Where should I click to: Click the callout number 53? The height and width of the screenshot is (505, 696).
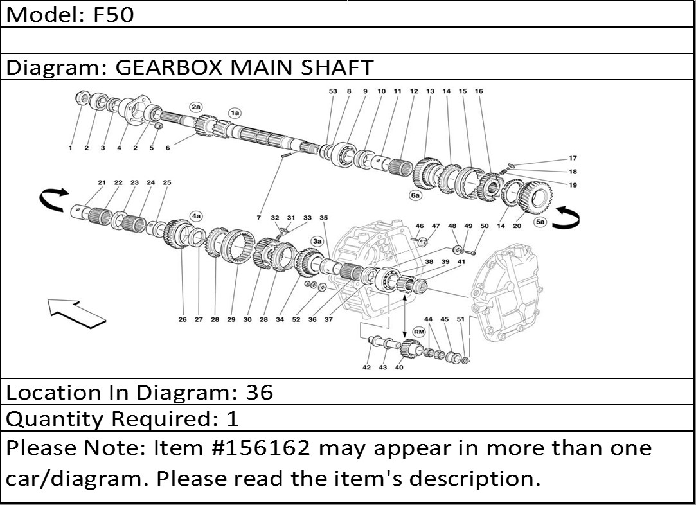[333, 91]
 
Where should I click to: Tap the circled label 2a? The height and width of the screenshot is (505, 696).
[196, 107]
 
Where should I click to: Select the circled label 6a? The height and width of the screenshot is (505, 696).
[415, 195]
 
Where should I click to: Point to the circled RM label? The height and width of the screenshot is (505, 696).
[418, 332]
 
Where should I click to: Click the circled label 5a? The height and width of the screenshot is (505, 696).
[540, 222]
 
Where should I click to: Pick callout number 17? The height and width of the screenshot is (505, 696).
[573, 158]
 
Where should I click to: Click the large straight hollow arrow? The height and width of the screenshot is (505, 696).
[76, 313]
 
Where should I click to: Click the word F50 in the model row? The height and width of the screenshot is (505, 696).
[113, 15]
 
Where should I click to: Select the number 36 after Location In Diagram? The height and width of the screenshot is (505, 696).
[260, 393]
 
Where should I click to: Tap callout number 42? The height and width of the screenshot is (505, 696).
[367, 368]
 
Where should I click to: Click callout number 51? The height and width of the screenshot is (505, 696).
[461, 319]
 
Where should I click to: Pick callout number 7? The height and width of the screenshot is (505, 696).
[259, 217]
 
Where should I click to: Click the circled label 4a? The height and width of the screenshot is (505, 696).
[196, 216]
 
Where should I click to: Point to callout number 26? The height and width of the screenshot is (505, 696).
[183, 319]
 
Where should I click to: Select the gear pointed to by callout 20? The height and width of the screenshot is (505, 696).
[535, 199]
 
